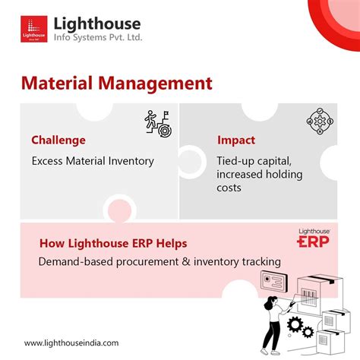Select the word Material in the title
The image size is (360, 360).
click(54, 81)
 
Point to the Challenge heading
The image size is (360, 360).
click(58, 140)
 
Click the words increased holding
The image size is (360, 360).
click(259, 174)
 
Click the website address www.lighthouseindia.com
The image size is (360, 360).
click(71, 343)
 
